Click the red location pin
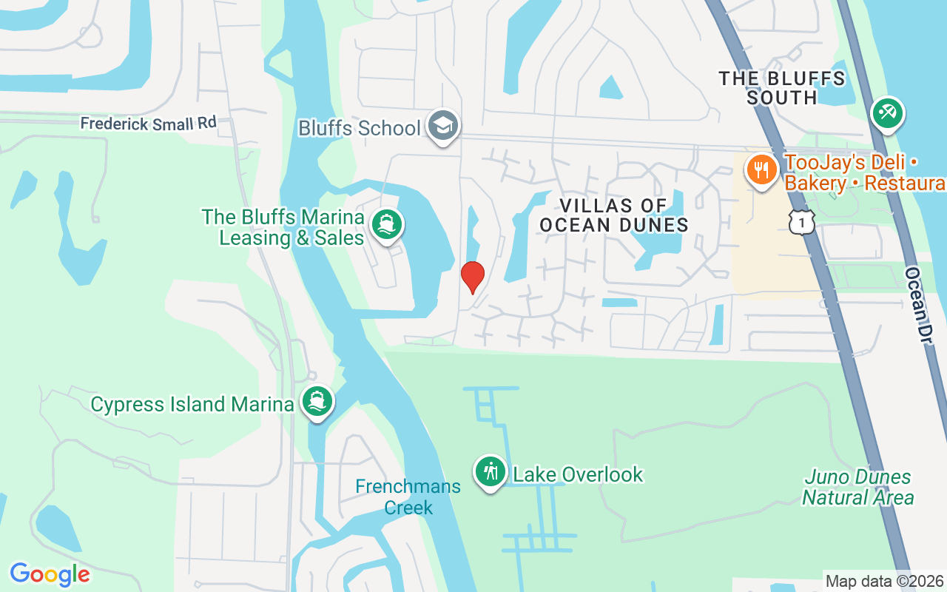(472, 277)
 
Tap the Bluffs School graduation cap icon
(443, 126)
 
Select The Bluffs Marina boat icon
(385, 223)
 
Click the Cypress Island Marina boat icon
(317, 401)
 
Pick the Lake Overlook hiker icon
(490, 471)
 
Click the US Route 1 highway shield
(801, 221)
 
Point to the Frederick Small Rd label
(149, 123)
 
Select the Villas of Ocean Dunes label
(614, 215)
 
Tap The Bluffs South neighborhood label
(782, 87)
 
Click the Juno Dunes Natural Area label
(858, 487)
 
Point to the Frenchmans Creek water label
(408, 497)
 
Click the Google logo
(50, 574)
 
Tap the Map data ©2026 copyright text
(884, 582)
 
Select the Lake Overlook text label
(578, 474)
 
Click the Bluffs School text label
(359, 128)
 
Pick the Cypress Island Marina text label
(192, 404)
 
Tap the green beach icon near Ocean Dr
(887, 113)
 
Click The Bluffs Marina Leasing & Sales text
(283, 227)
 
